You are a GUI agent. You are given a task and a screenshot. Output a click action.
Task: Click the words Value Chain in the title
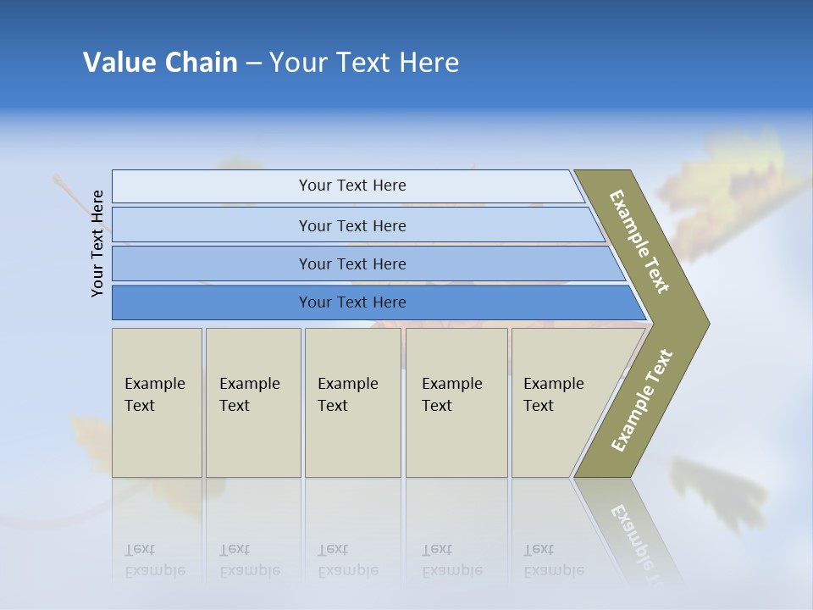(x=160, y=63)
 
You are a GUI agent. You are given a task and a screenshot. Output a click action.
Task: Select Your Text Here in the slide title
(x=364, y=63)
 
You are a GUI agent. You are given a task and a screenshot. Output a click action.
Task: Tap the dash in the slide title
(x=253, y=64)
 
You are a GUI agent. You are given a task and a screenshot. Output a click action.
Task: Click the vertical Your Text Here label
(x=97, y=243)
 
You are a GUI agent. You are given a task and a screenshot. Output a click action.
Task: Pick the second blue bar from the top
(x=352, y=225)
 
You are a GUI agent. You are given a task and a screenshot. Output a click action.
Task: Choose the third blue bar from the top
(x=352, y=263)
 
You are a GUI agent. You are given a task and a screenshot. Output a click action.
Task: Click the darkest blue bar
(x=352, y=302)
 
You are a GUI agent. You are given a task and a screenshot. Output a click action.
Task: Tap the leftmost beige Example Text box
(x=157, y=402)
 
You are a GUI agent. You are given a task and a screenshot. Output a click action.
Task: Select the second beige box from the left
(x=253, y=402)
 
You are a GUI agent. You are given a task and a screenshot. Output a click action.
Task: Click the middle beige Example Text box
(x=352, y=402)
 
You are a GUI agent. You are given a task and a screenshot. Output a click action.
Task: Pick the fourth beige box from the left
(x=456, y=402)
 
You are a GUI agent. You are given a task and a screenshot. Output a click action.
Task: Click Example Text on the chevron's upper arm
(x=639, y=241)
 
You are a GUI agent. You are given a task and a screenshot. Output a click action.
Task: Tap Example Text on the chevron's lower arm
(x=642, y=401)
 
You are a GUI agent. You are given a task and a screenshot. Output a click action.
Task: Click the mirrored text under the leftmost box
(x=154, y=560)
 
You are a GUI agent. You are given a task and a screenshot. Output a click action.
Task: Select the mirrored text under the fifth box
(x=553, y=560)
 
